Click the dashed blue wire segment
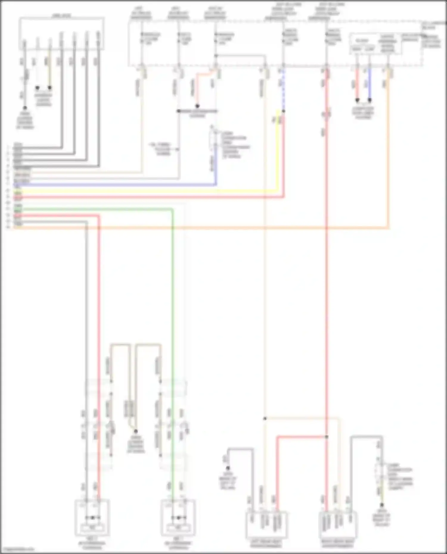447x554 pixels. click(283, 89)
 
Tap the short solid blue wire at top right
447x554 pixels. click(370, 85)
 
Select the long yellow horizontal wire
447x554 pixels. click(149, 191)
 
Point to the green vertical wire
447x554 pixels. click(172, 327)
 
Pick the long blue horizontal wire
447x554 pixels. click(119, 185)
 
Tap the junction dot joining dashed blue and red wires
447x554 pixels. click(283, 111)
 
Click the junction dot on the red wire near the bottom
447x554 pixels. click(327, 437)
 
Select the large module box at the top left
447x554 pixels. click(62, 33)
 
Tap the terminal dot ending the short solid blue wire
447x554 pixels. click(370, 100)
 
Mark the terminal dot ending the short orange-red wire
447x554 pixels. click(197, 106)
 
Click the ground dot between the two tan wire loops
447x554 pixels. click(136, 431)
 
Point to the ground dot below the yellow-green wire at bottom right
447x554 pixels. click(381, 505)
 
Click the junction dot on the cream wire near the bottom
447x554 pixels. click(265, 419)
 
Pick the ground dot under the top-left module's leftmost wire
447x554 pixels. click(25, 108)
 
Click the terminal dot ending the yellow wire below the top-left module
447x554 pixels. click(50, 88)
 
